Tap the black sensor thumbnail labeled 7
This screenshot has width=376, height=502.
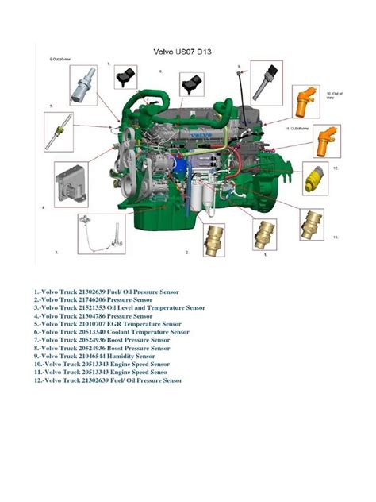(x=125, y=77)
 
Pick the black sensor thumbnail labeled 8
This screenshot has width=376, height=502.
(x=190, y=83)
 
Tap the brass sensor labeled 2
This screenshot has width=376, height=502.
(x=213, y=236)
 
